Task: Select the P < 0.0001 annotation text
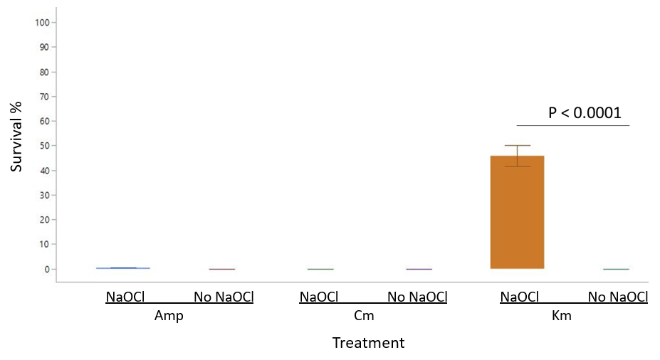pyautogui.click(x=585, y=112)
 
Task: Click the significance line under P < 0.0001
pyautogui.click(x=573, y=126)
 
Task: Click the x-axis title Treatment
pyautogui.click(x=368, y=343)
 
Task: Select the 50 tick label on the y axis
pyautogui.click(x=45, y=146)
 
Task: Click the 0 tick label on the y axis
pyautogui.click(x=47, y=269)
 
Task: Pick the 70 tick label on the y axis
pyautogui.click(x=45, y=96)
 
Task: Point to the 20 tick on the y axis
pyautogui.click(x=45, y=220)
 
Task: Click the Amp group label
pyautogui.click(x=169, y=316)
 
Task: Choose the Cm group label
pyautogui.click(x=364, y=316)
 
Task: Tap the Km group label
pyautogui.click(x=561, y=316)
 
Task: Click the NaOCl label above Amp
pyautogui.click(x=125, y=297)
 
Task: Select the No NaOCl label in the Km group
pyautogui.click(x=617, y=297)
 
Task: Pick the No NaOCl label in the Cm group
pyautogui.click(x=417, y=297)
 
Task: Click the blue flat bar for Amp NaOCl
pyautogui.click(x=122, y=268)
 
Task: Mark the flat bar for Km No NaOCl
pyautogui.click(x=616, y=269)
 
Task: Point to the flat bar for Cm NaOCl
pyautogui.click(x=320, y=269)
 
